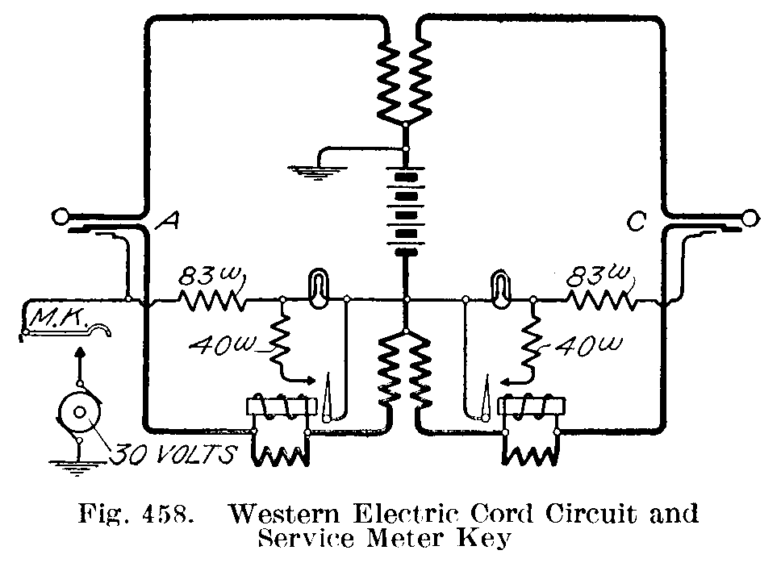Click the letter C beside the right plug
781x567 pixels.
pyautogui.click(x=637, y=222)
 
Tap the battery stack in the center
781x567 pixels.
pyautogui.click(x=407, y=211)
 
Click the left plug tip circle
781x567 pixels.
pyautogui.click(x=58, y=216)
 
